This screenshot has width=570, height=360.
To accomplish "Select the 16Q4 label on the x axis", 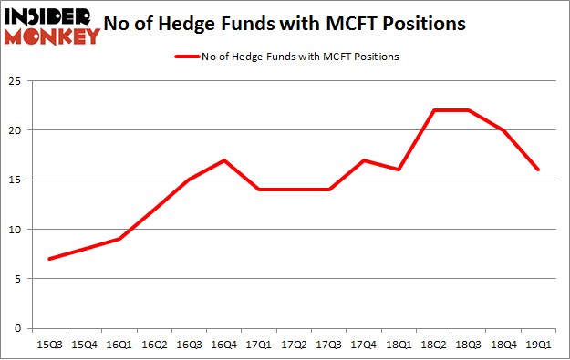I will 223,345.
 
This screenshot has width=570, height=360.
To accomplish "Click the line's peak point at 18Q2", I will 435,110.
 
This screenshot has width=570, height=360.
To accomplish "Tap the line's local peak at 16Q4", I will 223,160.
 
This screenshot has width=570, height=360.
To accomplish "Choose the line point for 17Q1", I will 259,190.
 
